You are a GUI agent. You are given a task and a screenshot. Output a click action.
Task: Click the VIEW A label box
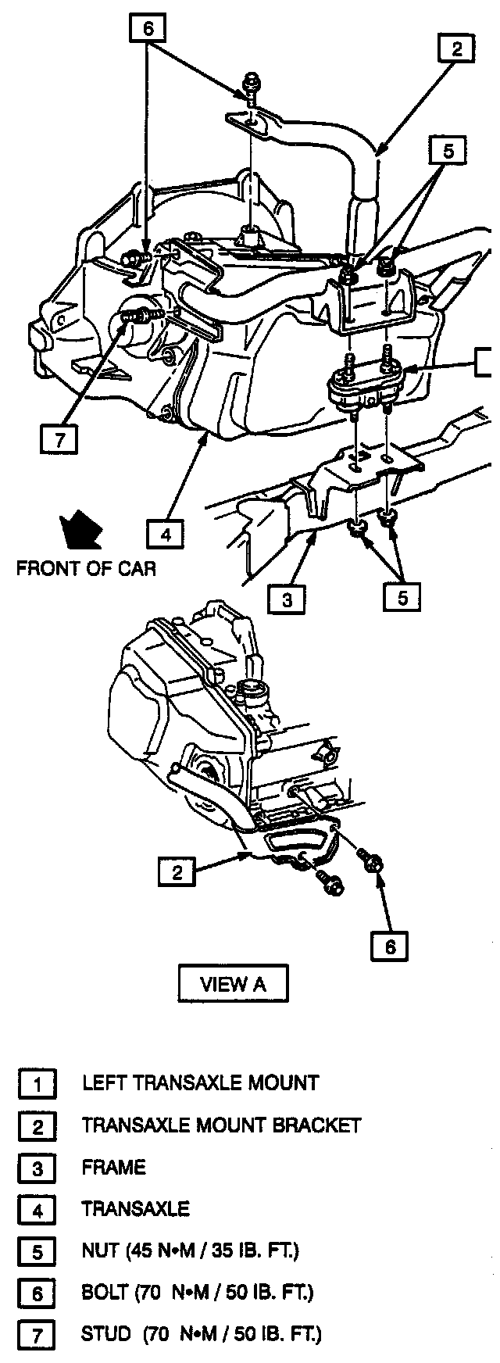pos(233,984)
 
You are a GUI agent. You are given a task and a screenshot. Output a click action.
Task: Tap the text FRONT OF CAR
pos(86,568)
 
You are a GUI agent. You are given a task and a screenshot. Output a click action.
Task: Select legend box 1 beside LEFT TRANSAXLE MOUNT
pos(36,1085)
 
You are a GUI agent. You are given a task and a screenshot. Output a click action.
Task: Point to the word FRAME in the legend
pos(113,1168)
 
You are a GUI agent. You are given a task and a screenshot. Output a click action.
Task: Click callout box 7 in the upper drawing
pos(59,439)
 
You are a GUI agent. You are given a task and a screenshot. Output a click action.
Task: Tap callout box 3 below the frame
pos(287,599)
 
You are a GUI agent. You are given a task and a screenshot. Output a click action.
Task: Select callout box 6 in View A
pos(390,946)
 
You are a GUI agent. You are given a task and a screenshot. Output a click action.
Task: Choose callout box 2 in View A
pos(177,871)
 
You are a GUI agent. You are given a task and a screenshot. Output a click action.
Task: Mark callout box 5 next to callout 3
pos(402,599)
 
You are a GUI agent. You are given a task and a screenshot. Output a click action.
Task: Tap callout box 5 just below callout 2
pos(448,150)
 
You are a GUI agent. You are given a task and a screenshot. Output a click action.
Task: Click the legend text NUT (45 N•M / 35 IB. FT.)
pos(190,1252)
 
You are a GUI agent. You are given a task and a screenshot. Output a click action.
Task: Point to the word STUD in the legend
pos(106,1333)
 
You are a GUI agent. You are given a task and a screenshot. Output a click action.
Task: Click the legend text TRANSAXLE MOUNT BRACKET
pos(221,1125)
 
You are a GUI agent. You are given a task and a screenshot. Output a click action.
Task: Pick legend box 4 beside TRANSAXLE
pos(36,1211)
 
